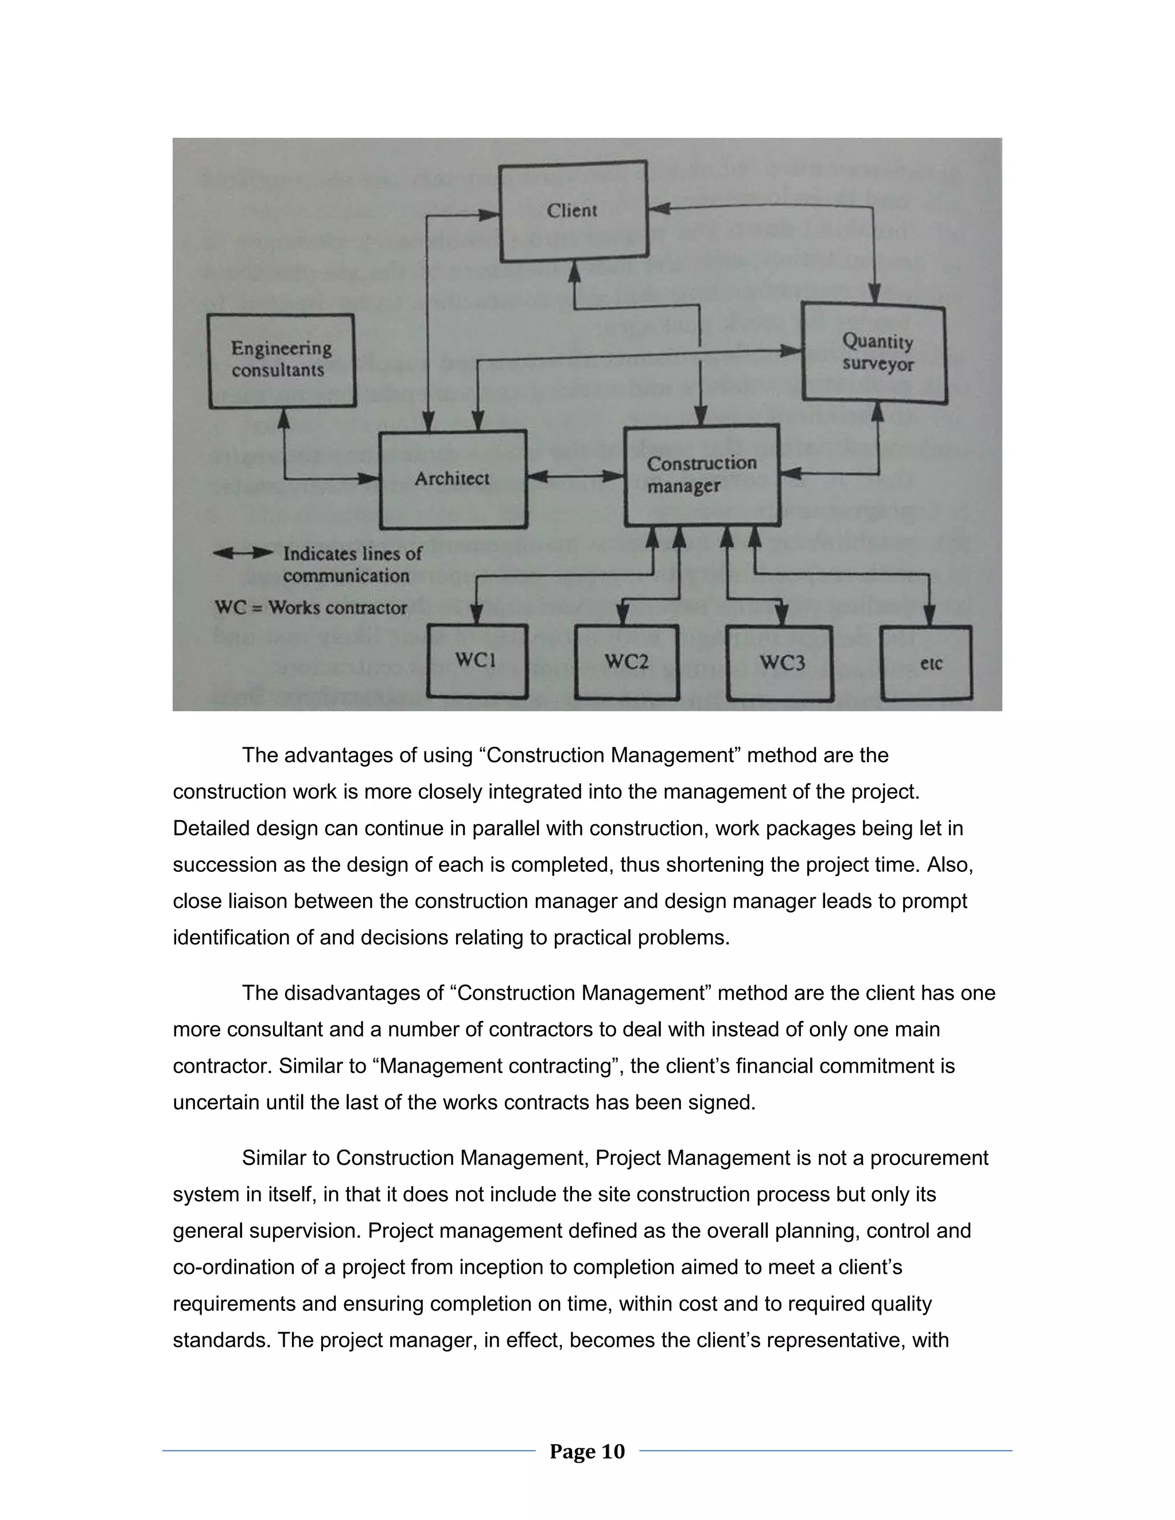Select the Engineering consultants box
282,360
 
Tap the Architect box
453,479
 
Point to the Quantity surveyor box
875,353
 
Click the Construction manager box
701,475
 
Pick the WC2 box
627,662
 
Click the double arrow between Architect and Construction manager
575,477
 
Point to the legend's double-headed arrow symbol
243,554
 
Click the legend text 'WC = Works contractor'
310,607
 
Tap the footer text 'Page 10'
587,1451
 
